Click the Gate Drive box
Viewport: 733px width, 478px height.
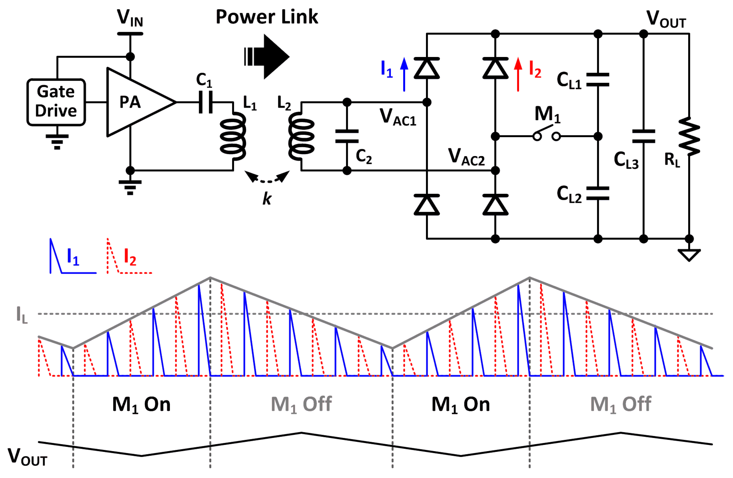point(56,102)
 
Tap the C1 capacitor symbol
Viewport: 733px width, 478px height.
point(206,102)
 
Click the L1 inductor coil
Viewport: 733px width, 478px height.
point(233,136)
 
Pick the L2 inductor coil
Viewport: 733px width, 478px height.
point(301,136)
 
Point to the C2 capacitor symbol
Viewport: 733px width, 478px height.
point(347,136)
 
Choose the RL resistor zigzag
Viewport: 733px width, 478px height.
point(689,136)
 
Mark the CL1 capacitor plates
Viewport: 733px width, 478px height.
point(597,79)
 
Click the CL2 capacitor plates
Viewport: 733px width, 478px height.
point(597,193)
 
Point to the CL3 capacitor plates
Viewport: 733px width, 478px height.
point(643,136)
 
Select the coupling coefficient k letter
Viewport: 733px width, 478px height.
point(267,199)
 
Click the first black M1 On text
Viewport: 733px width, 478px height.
point(141,405)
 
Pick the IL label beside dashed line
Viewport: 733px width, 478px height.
point(22,315)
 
